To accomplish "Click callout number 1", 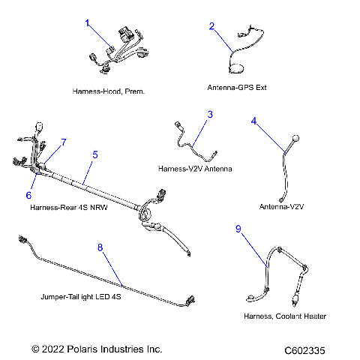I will pos(88,23).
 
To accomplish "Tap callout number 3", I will pos(210,114).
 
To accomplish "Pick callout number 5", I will pos(95,154).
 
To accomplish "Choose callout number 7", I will pos(64,142).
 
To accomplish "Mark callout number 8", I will pos(100,246).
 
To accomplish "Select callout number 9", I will pos(239,230).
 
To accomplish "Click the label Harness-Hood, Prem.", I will pos(109,91).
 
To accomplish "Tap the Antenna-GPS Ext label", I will pos(237,87).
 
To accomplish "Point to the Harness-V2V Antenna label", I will pos(195,169).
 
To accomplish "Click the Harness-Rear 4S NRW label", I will pos(69,206).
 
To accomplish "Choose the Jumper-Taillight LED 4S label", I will pos(81,296).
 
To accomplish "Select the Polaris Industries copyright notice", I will pos(97,349).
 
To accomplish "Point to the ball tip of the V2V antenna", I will pos(295,139).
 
